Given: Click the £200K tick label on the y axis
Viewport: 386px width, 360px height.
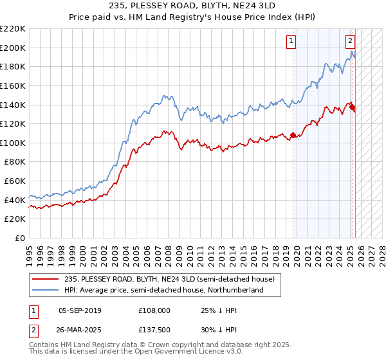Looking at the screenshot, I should (x=13, y=48).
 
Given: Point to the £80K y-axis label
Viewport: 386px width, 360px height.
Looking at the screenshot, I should (x=15, y=162).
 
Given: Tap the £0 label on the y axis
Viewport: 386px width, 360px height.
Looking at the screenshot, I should (x=21, y=239).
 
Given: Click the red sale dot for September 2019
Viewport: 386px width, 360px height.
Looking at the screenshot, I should (x=293, y=135).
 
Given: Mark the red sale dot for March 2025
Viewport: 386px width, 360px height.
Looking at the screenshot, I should (x=353, y=107).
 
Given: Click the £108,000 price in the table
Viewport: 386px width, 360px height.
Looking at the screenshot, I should (x=154, y=310).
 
